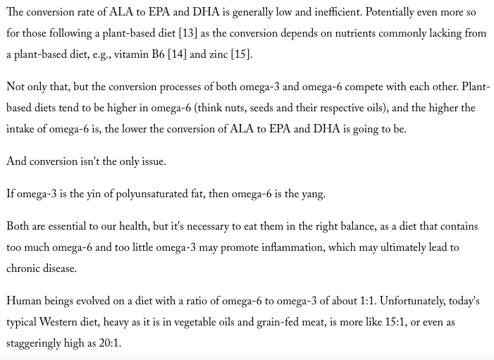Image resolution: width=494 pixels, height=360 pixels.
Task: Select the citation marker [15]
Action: tap(240, 54)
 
